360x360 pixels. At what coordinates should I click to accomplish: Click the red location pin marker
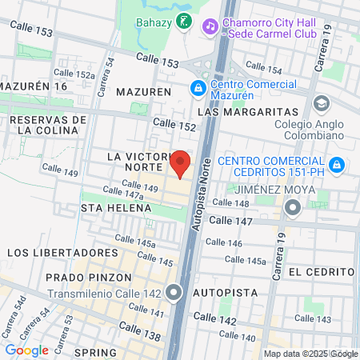pos(181,163)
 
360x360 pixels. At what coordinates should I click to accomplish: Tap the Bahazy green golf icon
pos(184,22)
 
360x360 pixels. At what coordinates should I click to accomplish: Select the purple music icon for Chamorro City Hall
pos(210,26)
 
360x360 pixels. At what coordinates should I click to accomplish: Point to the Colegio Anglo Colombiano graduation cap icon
pos(322,103)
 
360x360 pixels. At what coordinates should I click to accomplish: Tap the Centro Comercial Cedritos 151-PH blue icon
pos(337,164)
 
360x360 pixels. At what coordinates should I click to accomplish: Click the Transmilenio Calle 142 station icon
pos(176,292)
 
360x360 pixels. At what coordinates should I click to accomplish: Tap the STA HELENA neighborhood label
pos(116,208)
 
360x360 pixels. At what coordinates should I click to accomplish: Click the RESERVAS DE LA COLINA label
pos(48,124)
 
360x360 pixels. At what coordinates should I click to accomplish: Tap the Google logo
pos(26,350)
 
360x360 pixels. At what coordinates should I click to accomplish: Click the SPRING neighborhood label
pos(95,351)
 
